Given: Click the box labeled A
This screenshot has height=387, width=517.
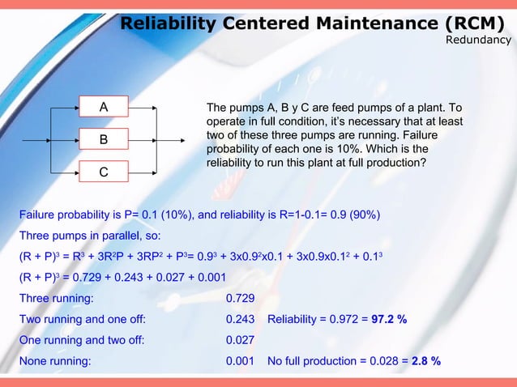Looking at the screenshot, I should tap(103, 107).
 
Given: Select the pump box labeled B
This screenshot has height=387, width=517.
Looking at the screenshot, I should tap(103, 139).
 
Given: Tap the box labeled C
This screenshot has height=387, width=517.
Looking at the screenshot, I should tap(103, 172).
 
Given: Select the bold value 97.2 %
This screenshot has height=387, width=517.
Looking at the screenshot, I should tap(389, 319).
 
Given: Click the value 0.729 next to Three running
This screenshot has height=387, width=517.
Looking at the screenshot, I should tap(241, 298).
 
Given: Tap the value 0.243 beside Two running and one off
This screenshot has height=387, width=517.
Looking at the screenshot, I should tap(241, 319).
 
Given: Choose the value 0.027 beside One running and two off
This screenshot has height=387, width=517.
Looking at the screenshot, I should tap(241, 340).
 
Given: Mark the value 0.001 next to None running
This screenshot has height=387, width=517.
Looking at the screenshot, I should tap(241, 361).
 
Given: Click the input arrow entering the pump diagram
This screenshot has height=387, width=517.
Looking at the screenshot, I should tap(36, 139).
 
